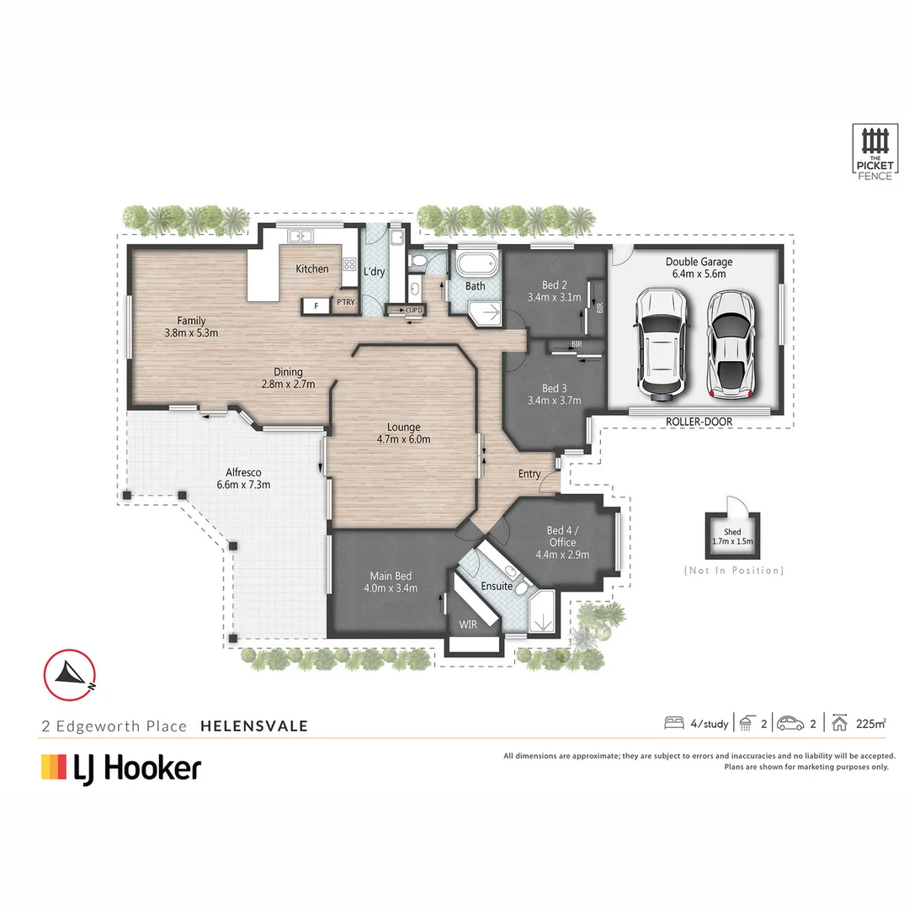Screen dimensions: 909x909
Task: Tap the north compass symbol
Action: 71,674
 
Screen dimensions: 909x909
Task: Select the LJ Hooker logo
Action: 121,768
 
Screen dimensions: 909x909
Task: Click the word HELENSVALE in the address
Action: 254,726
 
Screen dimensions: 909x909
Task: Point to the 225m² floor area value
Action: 870,723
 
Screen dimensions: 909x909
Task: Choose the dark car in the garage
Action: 661,343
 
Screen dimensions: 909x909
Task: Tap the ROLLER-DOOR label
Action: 699,421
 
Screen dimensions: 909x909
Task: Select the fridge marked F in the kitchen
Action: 316,306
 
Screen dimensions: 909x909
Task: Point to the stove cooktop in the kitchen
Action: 349,264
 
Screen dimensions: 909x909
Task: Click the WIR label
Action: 468,625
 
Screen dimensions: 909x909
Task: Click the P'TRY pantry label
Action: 345,301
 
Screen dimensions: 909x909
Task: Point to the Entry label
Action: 529,474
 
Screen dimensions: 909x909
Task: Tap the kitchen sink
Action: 300,236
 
